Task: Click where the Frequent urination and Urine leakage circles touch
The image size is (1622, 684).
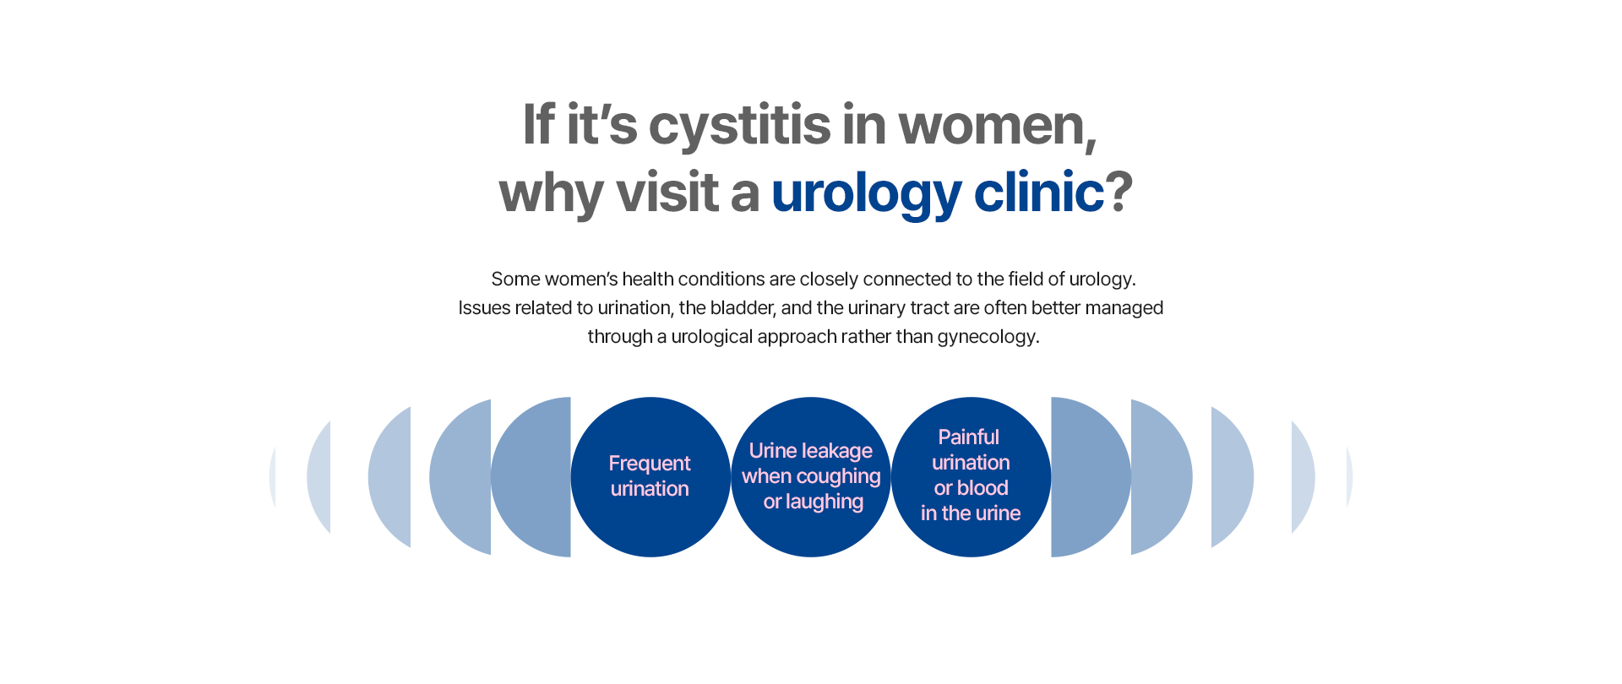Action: coord(731,477)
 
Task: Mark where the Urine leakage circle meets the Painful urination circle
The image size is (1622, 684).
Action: coord(891,477)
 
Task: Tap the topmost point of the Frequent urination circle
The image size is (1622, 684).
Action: coord(650,398)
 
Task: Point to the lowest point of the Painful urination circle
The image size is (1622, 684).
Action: coord(972,556)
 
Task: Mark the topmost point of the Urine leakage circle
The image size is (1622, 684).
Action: coord(811,398)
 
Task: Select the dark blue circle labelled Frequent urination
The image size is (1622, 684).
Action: coord(650,477)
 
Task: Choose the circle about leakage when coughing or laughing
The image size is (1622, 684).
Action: coord(811,477)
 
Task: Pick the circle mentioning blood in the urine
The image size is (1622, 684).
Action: coord(972,477)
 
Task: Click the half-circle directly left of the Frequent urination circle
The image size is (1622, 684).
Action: coord(531,477)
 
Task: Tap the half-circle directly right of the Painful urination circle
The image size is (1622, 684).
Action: coord(1091,477)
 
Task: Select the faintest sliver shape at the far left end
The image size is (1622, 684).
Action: coord(272,477)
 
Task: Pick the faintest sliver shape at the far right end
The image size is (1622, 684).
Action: coord(1349,477)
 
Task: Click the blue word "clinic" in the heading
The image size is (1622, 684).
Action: coord(1039,193)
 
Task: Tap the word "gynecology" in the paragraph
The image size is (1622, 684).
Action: coord(986,337)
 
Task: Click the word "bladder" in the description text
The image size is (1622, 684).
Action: coord(741,308)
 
